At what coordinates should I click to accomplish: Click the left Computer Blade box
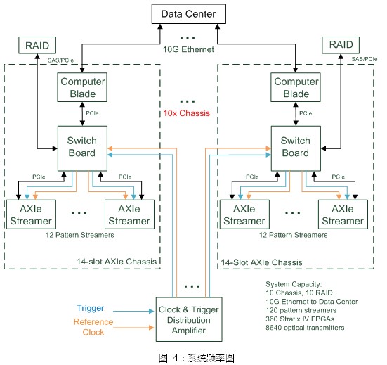(81, 88)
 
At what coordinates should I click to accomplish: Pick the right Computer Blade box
(295, 88)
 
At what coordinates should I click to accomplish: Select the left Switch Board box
(81, 146)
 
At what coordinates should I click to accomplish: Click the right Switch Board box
(295, 146)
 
